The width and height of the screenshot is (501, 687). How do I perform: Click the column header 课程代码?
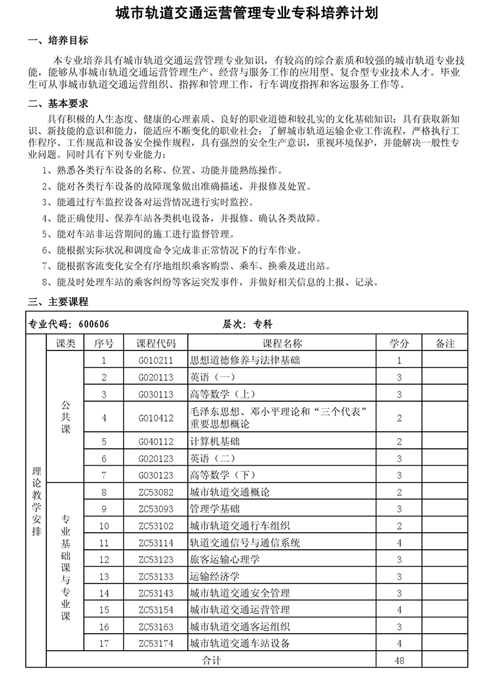[156, 343]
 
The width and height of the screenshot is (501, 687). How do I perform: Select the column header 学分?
[399, 343]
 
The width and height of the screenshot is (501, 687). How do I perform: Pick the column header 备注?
[445, 343]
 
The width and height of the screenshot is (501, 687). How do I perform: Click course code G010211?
[156, 360]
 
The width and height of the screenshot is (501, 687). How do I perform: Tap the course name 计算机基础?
[214, 442]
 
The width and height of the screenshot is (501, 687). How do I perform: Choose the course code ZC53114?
[156, 543]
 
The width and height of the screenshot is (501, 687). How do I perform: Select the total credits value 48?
[399, 660]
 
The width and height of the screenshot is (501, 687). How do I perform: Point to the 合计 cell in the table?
[211, 660]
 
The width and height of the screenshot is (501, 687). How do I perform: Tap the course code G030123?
[156, 475]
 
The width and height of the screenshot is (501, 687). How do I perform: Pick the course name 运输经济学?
[214, 576]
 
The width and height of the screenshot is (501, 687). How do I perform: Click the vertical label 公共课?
[66, 417]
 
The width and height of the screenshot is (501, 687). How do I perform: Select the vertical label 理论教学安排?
[36, 501]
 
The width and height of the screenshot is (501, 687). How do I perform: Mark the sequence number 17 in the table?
[104, 643]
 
